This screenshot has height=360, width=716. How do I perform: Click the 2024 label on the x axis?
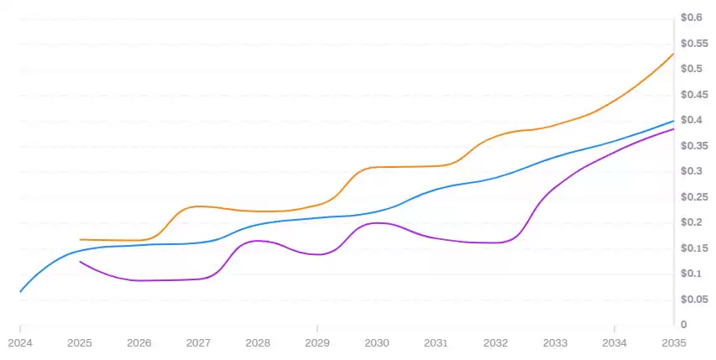coord(20,342)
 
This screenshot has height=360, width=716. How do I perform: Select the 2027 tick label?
coord(198,342)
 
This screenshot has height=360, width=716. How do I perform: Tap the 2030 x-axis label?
coord(377,342)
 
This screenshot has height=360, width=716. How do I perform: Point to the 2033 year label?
coord(555,342)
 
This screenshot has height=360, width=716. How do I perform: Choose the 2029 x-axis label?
coord(317,342)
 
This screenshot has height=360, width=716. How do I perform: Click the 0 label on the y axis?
coord(684,325)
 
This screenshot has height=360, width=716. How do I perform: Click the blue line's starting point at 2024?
coord(20,291)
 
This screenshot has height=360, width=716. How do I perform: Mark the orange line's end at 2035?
coord(674,54)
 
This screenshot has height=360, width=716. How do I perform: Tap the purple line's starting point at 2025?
coord(80,262)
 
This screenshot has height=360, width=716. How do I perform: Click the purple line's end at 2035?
coord(674,128)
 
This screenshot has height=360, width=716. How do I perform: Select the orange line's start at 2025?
coord(80,239)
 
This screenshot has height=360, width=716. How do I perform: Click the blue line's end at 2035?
coord(674,121)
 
